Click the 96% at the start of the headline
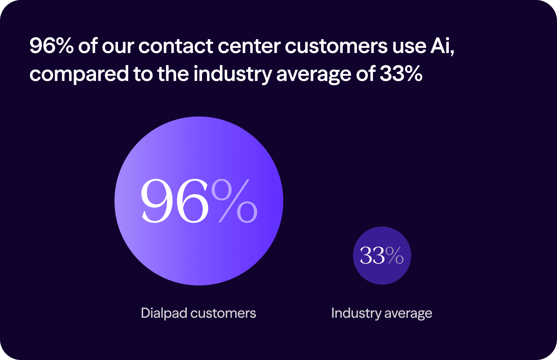51,46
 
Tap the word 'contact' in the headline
176,46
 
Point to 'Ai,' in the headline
442,46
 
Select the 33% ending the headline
401,74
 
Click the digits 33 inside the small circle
372,256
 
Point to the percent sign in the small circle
395,256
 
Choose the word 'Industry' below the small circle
356,313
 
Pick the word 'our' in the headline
118,46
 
